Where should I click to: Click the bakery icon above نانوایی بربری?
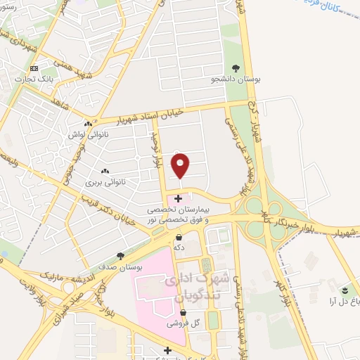pos(106,171)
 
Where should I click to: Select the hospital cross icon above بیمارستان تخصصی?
pos(178,199)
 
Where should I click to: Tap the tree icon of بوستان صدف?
pos(121,257)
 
